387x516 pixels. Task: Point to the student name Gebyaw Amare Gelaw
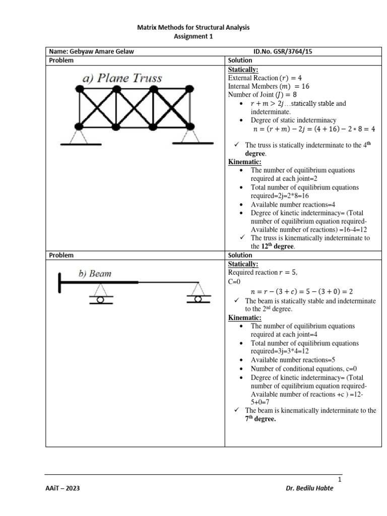point(91,51)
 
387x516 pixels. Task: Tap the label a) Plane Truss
point(122,78)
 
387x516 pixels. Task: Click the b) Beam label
point(95,274)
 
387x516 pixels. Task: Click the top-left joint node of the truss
point(80,90)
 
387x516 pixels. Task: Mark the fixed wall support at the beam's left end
point(60,282)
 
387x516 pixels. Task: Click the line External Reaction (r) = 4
point(265,78)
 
